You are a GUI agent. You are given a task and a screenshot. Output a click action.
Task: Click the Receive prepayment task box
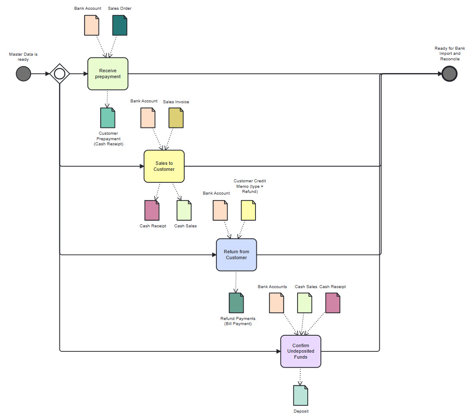pos(108,74)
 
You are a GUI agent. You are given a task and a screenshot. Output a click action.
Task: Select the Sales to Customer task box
pos(164,166)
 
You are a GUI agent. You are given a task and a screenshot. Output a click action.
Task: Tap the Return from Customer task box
pos(236,255)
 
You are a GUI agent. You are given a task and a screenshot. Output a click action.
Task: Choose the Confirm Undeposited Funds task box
pos(300,351)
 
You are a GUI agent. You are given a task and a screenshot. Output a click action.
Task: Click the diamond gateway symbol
pos(59,74)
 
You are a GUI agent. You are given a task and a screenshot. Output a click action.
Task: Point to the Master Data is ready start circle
pos(23,74)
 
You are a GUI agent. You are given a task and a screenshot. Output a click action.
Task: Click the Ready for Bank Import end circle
pos(449,74)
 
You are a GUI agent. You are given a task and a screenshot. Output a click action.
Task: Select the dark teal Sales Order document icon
pos(120,25)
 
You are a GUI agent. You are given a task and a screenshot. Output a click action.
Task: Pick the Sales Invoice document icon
pos(176,118)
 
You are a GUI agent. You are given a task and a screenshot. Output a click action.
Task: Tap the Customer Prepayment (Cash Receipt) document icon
pos(108,118)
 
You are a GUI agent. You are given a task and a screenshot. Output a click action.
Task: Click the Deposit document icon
pos(300,395)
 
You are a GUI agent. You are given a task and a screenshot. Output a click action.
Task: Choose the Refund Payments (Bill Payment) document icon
pos(236,303)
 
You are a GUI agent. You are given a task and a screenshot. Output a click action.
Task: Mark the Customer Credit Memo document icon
pos(248,210)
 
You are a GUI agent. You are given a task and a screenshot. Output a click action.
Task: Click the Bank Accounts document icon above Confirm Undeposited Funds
pos(276,303)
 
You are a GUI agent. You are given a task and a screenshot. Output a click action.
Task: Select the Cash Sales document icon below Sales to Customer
pos(184,210)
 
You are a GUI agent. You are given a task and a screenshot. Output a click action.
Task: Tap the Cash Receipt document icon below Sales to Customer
pos(152,210)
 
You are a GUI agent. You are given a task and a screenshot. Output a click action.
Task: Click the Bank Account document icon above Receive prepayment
pos(92,25)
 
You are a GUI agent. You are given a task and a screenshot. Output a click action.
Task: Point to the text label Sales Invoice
pos(176,102)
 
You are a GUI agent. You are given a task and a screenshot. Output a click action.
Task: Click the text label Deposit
pos(300,411)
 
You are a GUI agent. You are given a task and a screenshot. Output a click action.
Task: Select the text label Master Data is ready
pos(23,57)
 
